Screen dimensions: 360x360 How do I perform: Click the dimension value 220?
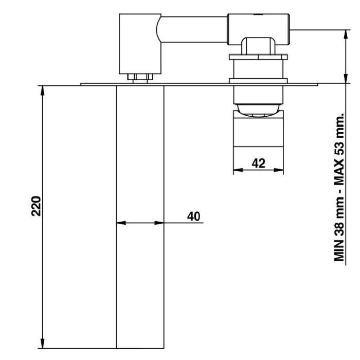pos(36,206)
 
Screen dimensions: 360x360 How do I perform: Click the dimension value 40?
pos(193,217)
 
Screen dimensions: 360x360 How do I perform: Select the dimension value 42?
pos(259,163)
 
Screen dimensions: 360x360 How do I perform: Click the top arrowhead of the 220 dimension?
pos(42,91)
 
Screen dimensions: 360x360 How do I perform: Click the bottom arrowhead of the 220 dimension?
pos(42,344)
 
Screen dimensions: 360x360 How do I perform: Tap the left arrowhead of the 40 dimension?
pos(121,223)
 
